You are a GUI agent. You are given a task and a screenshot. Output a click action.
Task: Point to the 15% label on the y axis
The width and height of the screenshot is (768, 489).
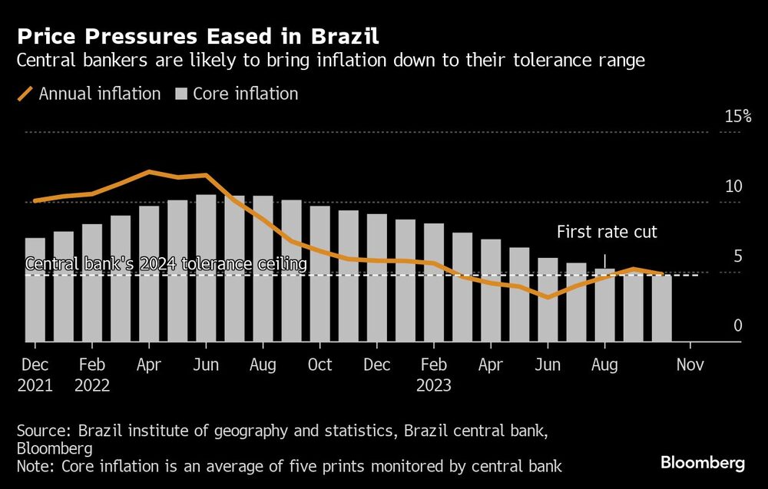tap(738, 117)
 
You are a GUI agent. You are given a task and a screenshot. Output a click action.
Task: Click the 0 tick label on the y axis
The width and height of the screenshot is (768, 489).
tap(737, 326)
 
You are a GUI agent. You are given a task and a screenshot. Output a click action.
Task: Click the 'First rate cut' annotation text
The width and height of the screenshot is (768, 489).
tap(607, 232)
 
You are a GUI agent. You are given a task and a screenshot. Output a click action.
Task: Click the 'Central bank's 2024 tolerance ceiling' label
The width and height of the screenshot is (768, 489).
tap(167, 264)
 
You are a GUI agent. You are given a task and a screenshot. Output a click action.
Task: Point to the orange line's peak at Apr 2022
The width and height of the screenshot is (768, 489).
tap(149, 172)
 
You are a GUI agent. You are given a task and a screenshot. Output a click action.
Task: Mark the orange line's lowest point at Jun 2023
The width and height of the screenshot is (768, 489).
tap(548, 297)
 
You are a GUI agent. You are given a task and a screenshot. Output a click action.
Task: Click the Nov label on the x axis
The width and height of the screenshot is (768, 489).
tap(690, 365)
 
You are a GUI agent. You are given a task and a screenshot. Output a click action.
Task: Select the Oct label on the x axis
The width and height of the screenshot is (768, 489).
tap(319, 365)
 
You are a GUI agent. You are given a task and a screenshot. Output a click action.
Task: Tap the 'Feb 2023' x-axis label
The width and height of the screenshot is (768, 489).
tap(434, 375)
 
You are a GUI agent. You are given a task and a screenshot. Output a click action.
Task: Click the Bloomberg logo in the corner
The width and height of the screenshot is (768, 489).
tap(702, 463)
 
